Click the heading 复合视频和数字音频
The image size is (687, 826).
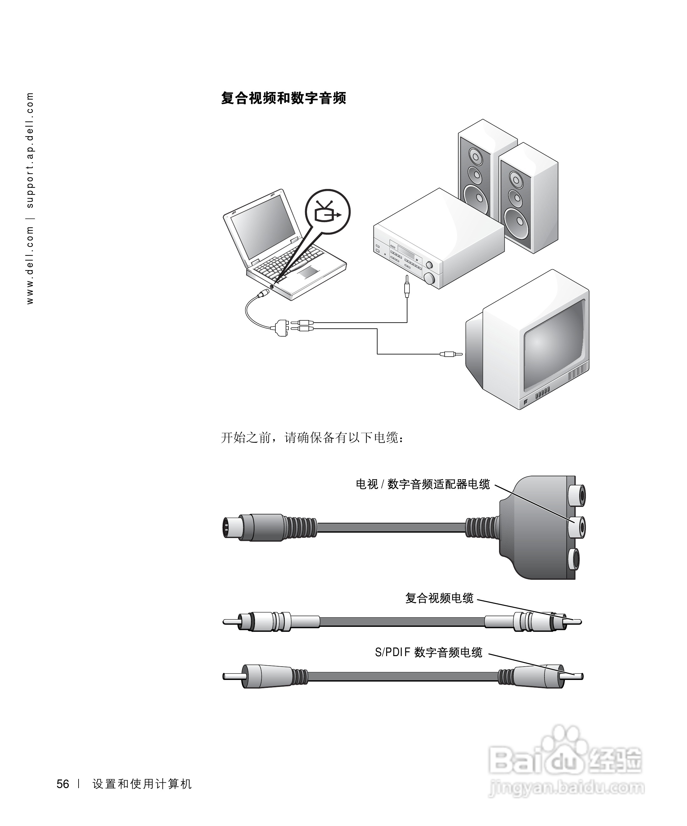pyautogui.click(x=283, y=98)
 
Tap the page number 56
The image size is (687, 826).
pyautogui.click(x=63, y=784)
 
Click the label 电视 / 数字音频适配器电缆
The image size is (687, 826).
pyautogui.click(x=423, y=484)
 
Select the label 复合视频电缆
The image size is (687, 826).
pyautogui.click(x=439, y=598)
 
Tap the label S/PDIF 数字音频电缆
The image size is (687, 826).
pyautogui.click(x=428, y=652)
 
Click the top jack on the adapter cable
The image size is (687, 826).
pyautogui.click(x=577, y=495)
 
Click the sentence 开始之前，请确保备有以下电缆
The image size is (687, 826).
pyautogui.click(x=312, y=437)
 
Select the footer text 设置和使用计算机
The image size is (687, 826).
pyautogui.click(x=142, y=784)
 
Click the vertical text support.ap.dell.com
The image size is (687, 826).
pyautogui.click(x=30, y=150)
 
